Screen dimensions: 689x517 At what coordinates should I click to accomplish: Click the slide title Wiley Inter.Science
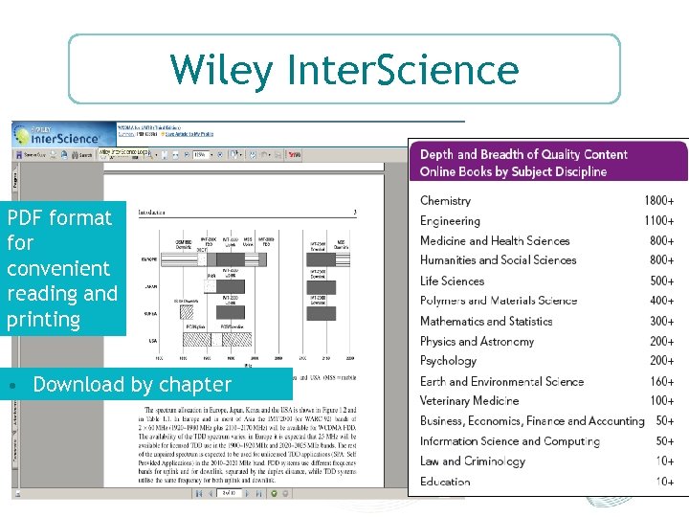click(344, 70)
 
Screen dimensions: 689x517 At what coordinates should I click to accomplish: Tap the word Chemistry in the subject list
click(445, 201)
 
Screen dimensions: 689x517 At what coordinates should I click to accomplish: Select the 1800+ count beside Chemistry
click(658, 201)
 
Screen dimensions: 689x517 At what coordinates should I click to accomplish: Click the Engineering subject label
click(450, 221)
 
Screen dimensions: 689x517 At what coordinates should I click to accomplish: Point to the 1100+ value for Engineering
click(658, 221)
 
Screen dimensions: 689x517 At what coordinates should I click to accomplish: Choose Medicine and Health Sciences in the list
click(495, 241)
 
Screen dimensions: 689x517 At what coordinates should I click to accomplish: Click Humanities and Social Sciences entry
click(499, 260)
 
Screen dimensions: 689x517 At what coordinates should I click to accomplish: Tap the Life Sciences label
click(452, 281)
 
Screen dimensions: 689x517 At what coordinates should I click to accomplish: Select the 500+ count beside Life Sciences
click(662, 281)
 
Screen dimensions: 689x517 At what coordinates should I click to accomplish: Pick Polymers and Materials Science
click(499, 301)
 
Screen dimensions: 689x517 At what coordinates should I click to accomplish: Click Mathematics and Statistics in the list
click(486, 322)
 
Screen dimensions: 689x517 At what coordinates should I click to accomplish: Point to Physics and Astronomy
click(478, 342)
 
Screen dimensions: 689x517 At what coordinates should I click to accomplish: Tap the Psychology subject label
click(448, 361)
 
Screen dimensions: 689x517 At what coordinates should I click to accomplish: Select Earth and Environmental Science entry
click(501, 382)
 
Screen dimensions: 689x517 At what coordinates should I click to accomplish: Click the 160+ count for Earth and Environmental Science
click(662, 382)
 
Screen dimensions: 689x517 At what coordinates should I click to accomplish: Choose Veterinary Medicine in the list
click(469, 401)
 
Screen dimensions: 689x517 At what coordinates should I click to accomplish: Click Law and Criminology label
click(473, 461)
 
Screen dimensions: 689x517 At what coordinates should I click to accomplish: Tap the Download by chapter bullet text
click(132, 385)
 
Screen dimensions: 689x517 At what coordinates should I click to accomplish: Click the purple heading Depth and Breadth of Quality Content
click(523, 154)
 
